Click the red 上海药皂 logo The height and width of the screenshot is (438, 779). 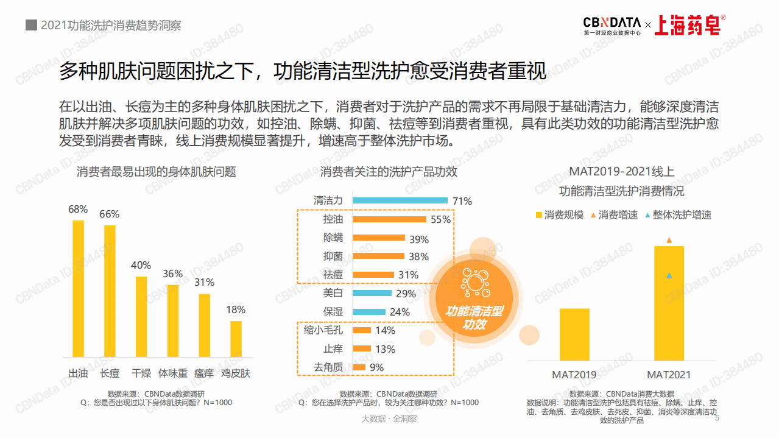click(x=689, y=24)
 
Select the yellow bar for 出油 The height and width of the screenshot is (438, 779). click(x=78, y=288)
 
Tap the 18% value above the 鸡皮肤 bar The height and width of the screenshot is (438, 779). click(x=236, y=309)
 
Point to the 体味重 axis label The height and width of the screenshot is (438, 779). click(x=173, y=373)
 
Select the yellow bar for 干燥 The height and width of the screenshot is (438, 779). click(x=141, y=316)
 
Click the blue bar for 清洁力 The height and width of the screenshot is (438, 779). click(x=400, y=200)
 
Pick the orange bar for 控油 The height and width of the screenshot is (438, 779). click(x=389, y=219)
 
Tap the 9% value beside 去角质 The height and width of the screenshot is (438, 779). click(x=376, y=367)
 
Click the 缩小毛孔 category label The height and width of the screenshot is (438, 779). click(x=323, y=330)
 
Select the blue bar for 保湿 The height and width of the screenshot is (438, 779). click(x=369, y=312)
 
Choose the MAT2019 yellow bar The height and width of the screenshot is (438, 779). click(x=574, y=334)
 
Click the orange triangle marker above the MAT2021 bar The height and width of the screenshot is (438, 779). click(x=669, y=241)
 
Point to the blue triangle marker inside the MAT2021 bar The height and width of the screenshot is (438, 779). click(x=669, y=276)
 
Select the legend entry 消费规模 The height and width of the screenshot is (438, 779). click(x=559, y=215)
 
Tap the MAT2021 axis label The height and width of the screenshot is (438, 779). click(x=669, y=375)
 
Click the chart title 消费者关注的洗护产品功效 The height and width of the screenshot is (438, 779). click(x=389, y=172)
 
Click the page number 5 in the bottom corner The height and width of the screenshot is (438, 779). click(x=717, y=418)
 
